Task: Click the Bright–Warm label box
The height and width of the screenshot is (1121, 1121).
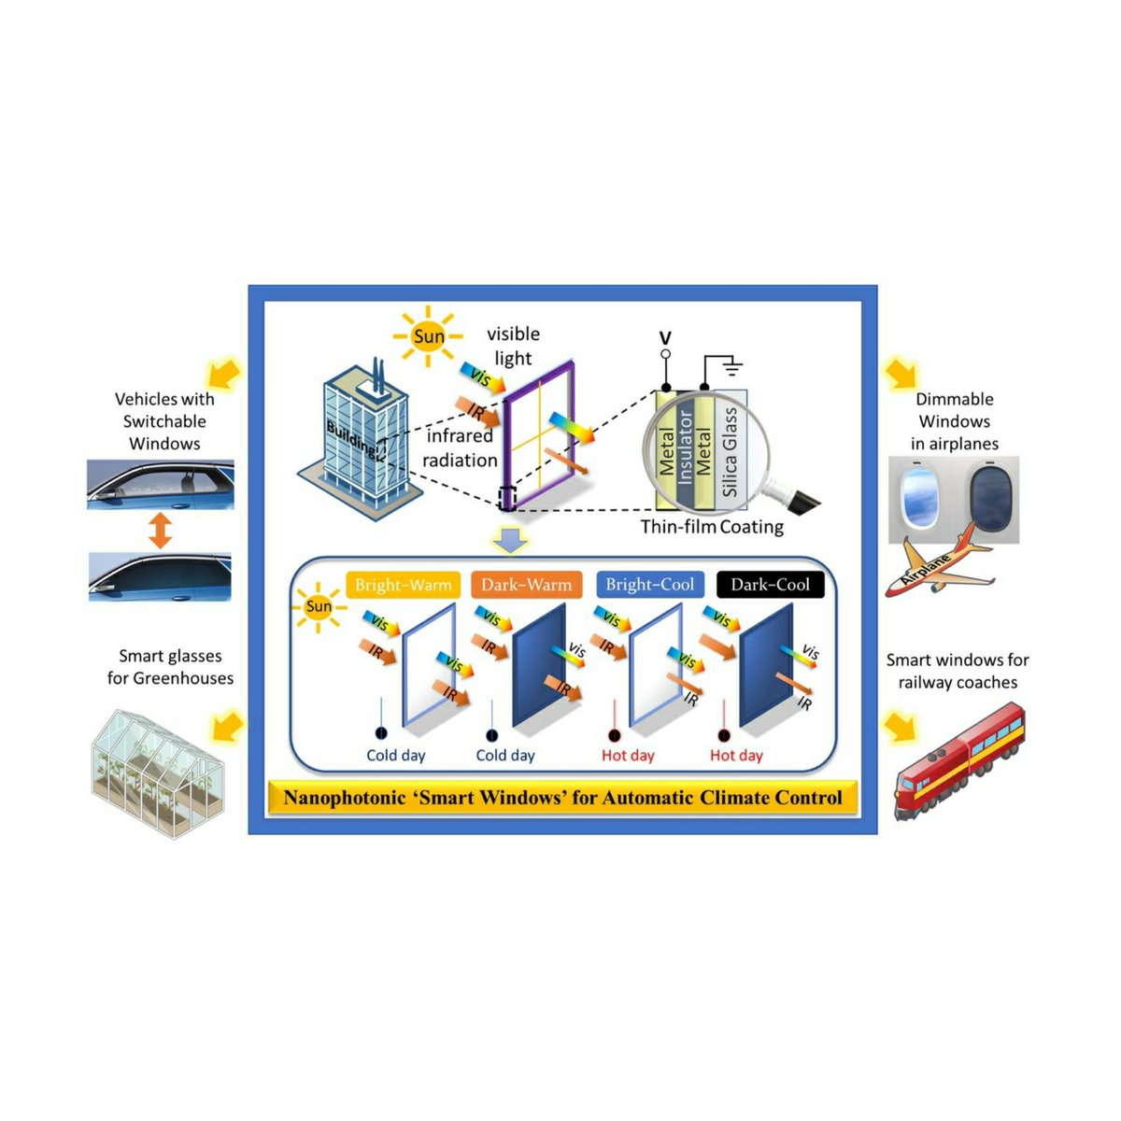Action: click(x=403, y=585)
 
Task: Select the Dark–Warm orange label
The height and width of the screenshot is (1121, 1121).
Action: click(x=526, y=585)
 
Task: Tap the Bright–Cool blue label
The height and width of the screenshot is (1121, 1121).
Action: click(x=650, y=585)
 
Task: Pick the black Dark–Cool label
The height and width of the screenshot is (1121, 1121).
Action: click(x=770, y=585)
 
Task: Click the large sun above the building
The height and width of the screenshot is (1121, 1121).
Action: click(x=429, y=336)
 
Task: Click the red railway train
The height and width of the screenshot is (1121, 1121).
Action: click(x=958, y=761)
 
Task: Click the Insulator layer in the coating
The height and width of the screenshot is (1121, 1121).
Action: click(x=686, y=447)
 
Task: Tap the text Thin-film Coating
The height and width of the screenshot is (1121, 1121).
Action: click(x=712, y=527)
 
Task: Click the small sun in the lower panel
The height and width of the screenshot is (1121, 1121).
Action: click(x=319, y=606)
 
